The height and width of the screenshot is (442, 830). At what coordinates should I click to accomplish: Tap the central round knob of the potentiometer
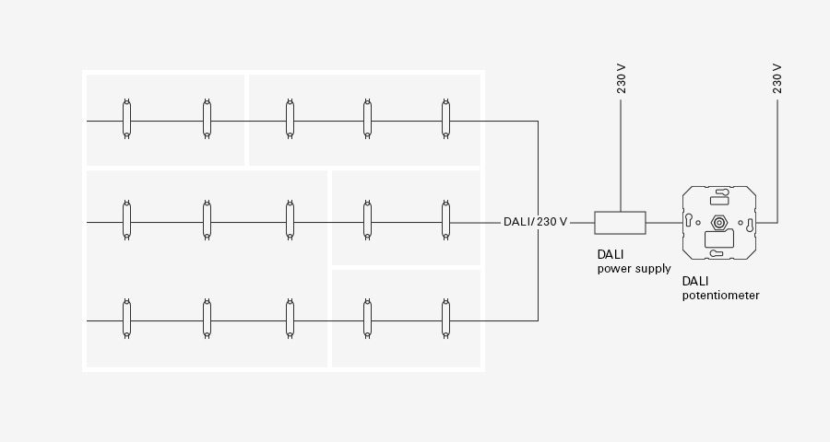click(x=718, y=223)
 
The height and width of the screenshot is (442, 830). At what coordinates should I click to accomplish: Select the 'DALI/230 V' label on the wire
click(x=535, y=222)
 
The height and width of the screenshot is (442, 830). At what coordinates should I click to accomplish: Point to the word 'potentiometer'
click(x=720, y=296)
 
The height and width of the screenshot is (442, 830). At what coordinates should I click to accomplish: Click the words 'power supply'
click(x=634, y=269)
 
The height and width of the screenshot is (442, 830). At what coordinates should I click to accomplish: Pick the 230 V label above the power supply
click(x=621, y=79)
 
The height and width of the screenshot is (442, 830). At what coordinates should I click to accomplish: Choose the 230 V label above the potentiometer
click(x=777, y=79)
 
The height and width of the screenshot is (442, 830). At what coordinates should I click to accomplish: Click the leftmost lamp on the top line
click(x=126, y=119)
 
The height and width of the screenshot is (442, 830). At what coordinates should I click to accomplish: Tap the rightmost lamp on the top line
click(x=445, y=119)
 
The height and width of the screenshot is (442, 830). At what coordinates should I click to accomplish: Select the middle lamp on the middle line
click(x=290, y=220)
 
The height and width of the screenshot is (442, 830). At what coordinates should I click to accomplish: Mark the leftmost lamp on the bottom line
click(x=126, y=319)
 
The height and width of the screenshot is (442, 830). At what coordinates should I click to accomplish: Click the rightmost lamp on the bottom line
click(x=445, y=319)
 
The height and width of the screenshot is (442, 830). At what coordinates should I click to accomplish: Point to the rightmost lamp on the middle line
click(x=445, y=220)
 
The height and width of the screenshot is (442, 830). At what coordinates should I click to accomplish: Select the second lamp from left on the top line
click(x=207, y=119)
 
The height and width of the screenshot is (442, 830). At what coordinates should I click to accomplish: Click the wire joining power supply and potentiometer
click(x=664, y=223)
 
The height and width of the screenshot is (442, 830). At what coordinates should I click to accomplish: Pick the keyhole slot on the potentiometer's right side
click(x=749, y=226)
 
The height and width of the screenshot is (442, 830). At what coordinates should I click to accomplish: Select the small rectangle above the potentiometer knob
click(x=719, y=201)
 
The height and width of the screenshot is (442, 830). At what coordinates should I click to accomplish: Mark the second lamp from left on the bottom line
click(x=207, y=319)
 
